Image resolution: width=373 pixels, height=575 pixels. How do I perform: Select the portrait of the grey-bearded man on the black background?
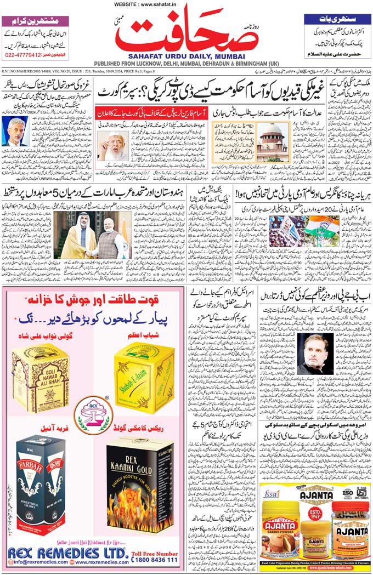point(315,354)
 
